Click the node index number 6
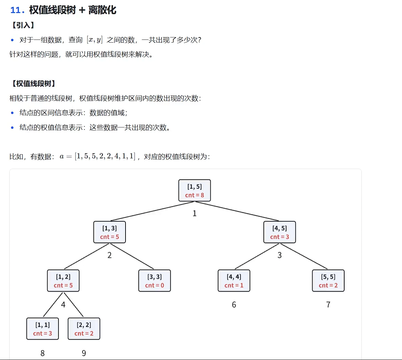pos(234,305)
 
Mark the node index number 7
pos(328,305)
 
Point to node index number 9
pos(84,353)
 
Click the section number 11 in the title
pos(16,10)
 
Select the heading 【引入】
pos(23,25)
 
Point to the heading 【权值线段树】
pos(33,83)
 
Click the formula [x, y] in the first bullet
pos(95,40)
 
